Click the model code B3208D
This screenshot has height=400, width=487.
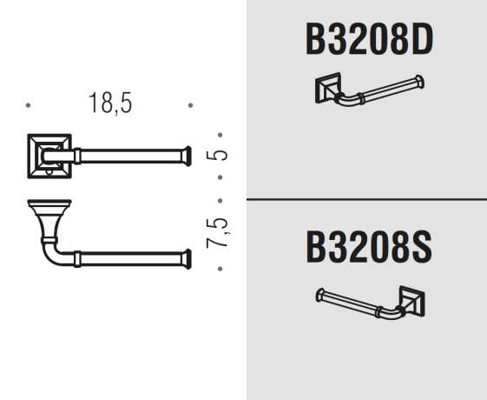click(369, 39)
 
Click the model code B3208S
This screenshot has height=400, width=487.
click(369, 247)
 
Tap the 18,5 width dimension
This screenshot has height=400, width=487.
click(110, 103)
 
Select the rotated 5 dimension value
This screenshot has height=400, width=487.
click(217, 155)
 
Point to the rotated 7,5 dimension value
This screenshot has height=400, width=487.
click(218, 233)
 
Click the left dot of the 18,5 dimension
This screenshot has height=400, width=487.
click(28, 105)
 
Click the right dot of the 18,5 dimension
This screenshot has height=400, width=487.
click(190, 105)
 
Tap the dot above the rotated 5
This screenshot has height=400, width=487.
click(220, 135)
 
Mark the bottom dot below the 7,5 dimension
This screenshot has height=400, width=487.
click(220, 269)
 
